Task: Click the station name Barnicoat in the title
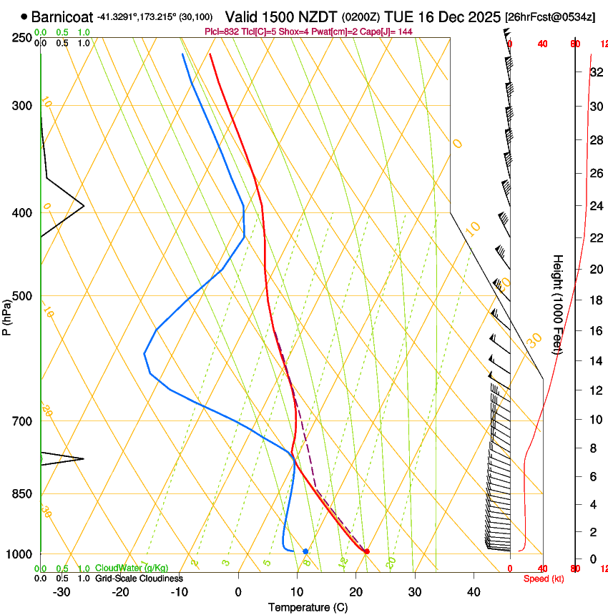[62, 16]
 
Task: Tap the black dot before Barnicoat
[25, 16]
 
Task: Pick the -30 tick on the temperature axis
[62, 592]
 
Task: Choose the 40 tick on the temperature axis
[473, 592]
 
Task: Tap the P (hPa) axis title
[6, 315]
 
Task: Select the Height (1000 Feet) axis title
[558, 305]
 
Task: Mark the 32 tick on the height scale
[596, 72]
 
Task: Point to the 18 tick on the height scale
[596, 300]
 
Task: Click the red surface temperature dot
[366, 551]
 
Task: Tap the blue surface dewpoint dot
[305, 551]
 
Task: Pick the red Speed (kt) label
[544, 579]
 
